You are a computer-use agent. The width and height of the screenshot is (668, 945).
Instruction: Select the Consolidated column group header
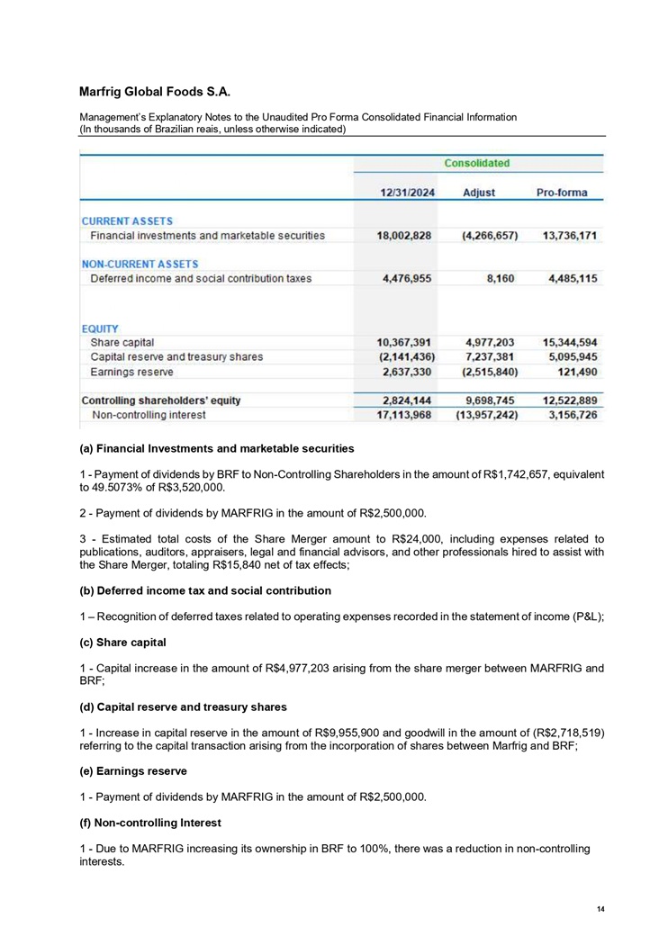pyautogui.click(x=476, y=164)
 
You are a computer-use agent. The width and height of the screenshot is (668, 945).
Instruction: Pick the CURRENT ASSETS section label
pyautogui.click(x=128, y=220)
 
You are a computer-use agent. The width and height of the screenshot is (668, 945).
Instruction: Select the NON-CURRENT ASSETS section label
pyautogui.click(x=140, y=264)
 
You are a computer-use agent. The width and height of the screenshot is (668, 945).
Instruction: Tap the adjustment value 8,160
pyautogui.click(x=501, y=279)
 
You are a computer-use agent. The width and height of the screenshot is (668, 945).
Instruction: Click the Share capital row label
pyautogui.click(x=123, y=342)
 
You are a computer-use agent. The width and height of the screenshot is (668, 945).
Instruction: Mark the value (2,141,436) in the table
pyautogui.click(x=403, y=356)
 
